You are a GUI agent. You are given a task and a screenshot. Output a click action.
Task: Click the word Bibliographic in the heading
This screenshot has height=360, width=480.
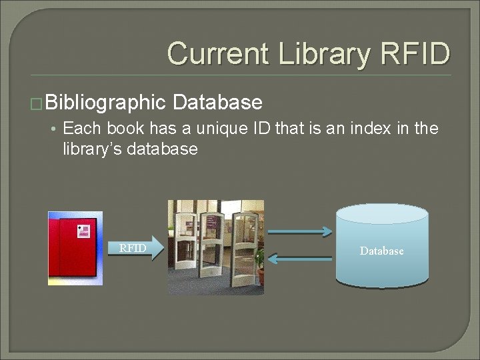coord(105,103)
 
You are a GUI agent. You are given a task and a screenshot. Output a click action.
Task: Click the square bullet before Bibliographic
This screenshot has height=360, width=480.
coord(37,103)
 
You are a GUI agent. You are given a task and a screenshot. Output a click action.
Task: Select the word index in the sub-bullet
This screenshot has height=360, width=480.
coord(371,129)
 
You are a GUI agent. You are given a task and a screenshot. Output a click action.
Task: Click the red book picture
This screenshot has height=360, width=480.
coord(75,249)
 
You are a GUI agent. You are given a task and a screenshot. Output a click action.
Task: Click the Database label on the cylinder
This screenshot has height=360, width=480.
coord(381,251)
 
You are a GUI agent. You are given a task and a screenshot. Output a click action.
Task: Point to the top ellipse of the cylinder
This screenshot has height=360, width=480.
coord(382,214)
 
